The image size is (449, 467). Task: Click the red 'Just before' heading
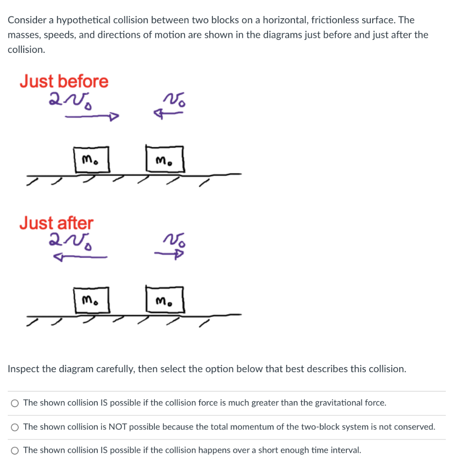(x=64, y=82)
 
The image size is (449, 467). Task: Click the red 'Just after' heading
(x=56, y=223)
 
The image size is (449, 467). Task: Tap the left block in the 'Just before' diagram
(x=92, y=160)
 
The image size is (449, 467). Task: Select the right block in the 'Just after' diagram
(x=164, y=301)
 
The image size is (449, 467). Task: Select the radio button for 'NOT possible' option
(x=16, y=427)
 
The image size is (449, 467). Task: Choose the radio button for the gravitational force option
(x=16, y=403)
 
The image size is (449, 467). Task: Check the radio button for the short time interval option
(x=16, y=451)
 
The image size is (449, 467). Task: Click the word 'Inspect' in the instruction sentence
(x=23, y=369)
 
